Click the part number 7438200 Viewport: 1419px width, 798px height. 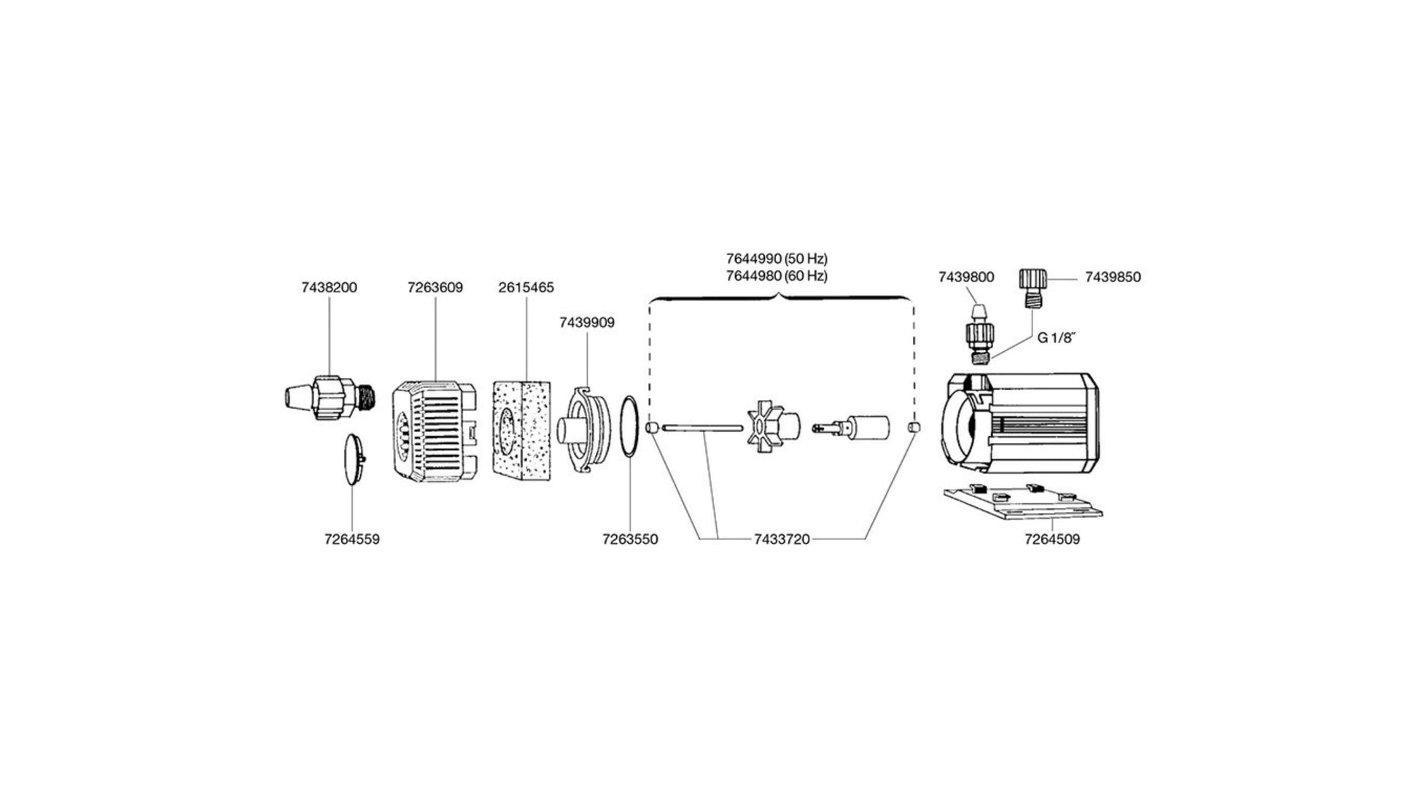pyautogui.click(x=329, y=287)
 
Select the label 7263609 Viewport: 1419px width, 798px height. pyautogui.click(x=435, y=287)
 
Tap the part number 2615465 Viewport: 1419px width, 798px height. pyautogui.click(x=526, y=287)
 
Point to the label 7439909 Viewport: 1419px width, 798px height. pyautogui.click(x=586, y=322)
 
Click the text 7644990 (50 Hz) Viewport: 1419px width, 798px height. pyautogui.click(x=777, y=259)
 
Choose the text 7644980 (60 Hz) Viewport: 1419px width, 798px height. pyautogui.click(x=777, y=276)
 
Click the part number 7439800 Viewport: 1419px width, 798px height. pyautogui.click(x=965, y=277)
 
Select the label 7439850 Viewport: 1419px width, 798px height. pyautogui.click(x=1113, y=277)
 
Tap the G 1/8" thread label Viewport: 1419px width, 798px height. pyautogui.click(x=1057, y=338)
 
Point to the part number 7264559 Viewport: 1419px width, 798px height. pyautogui.click(x=352, y=539)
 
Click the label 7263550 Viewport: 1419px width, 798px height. pyautogui.click(x=630, y=539)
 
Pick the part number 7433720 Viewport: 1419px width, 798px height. pyautogui.click(x=782, y=539)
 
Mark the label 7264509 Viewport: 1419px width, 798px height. pyautogui.click(x=1052, y=539)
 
